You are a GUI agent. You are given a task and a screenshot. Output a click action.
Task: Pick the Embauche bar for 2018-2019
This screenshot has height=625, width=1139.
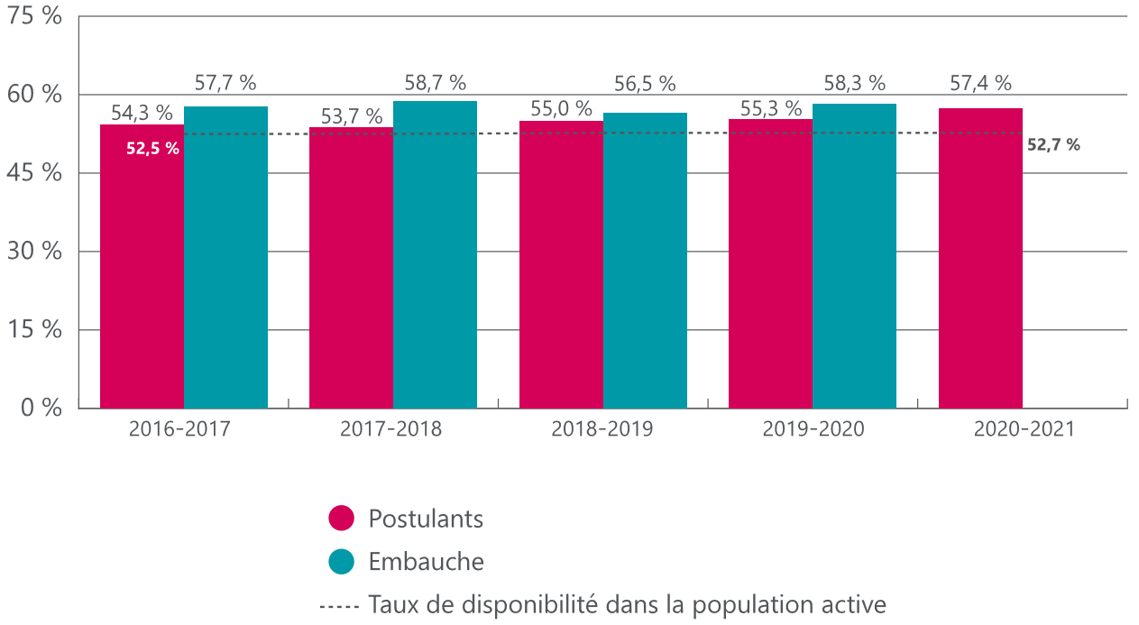[x=645, y=261]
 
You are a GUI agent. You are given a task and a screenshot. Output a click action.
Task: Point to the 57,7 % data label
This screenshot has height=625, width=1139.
[x=225, y=83]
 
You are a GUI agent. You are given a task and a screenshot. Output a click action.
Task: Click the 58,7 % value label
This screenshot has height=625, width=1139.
[x=435, y=83]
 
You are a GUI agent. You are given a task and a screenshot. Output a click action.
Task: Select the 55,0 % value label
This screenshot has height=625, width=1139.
[x=561, y=109]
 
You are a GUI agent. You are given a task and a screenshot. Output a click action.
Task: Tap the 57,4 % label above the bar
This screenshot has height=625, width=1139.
[x=980, y=83]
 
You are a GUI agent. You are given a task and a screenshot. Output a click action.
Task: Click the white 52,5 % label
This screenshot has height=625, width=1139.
[x=152, y=149]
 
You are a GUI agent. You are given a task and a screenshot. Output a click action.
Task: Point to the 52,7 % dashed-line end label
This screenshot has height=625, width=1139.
[x=1053, y=144]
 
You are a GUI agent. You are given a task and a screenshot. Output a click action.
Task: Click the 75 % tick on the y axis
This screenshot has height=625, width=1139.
[x=36, y=16]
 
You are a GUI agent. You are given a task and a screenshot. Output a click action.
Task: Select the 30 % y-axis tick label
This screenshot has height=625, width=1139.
[x=36, y=251]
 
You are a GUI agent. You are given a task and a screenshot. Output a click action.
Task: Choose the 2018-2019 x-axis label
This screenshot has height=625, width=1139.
[x=602, y=429]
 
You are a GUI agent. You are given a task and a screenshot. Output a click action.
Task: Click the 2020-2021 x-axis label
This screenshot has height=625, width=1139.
[x=1024, y=429]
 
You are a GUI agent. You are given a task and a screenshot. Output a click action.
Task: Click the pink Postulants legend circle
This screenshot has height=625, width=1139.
[x=342, y=519]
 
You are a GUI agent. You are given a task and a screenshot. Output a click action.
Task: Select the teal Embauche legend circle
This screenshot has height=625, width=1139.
[x=342, y=561]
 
